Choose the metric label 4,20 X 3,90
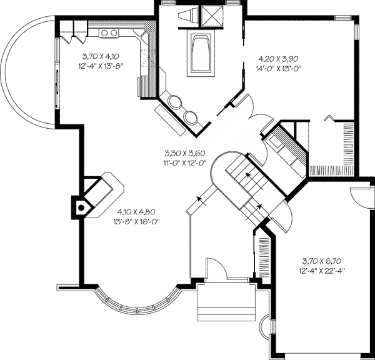click(279, 57)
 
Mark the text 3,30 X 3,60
click(185, 152)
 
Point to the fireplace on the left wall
click(80, 206)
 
